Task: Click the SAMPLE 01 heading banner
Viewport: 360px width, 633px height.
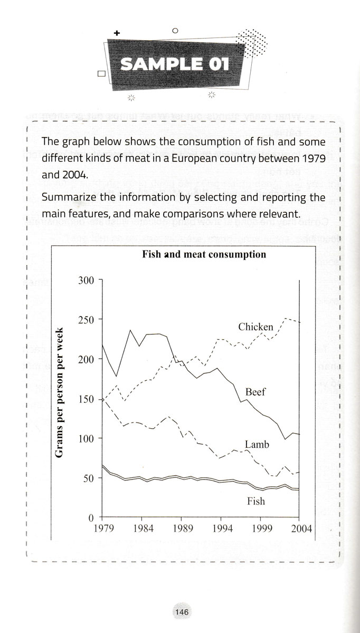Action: [175, 65]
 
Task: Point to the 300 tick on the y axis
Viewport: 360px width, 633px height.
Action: [86, 280]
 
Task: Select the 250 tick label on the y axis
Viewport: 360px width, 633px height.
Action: [86, 320]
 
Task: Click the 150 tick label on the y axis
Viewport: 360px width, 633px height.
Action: [86, 399]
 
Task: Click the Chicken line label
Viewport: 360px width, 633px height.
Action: [255, 327]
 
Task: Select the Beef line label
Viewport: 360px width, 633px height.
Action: [255, 392]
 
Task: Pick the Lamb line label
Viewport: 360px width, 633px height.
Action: [258, 445]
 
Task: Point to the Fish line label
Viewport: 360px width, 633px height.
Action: [256, 501]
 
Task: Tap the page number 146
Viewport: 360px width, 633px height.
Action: [180, 612]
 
